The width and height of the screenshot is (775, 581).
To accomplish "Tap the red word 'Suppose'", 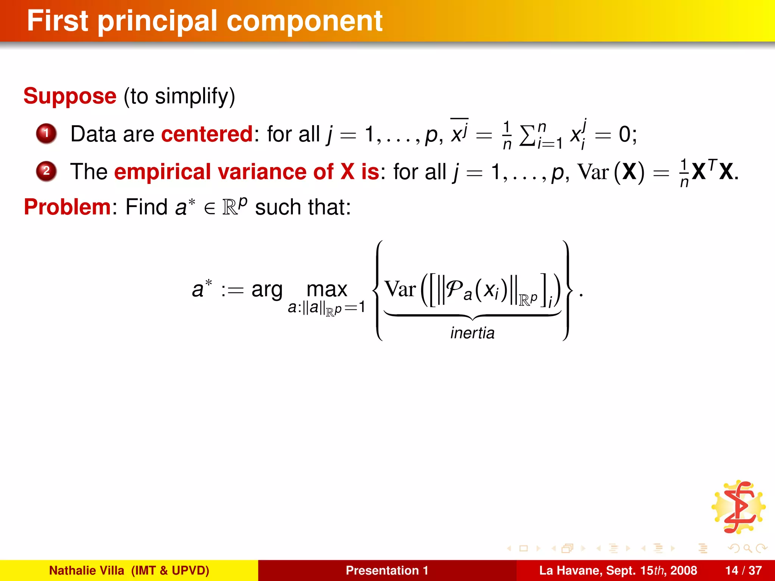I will tap(70, 96).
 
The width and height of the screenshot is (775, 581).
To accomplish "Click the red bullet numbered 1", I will tap(46, 134).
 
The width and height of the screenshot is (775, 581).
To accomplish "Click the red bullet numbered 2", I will tap(46, 171).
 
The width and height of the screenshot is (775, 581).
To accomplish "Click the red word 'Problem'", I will tap(67, 207).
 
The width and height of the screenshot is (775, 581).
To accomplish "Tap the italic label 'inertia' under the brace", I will tap(472, 333).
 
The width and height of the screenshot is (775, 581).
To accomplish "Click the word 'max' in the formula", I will tap(327, 290).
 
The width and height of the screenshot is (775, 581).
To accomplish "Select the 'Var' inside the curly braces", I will tap(400, 290).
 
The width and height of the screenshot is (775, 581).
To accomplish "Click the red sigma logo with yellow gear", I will tap(738, 507).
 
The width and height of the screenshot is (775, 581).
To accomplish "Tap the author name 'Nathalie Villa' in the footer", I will tap(87, 570).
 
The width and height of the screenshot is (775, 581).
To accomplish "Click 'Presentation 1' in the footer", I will tap(387, 570).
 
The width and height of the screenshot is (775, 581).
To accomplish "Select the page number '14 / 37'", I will tap(743, 570).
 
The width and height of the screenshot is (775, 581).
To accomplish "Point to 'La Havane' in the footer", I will tap(570, 570).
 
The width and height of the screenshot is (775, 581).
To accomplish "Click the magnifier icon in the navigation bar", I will tap(747, 548).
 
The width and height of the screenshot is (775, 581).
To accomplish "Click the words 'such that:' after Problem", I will tap(303, 207).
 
